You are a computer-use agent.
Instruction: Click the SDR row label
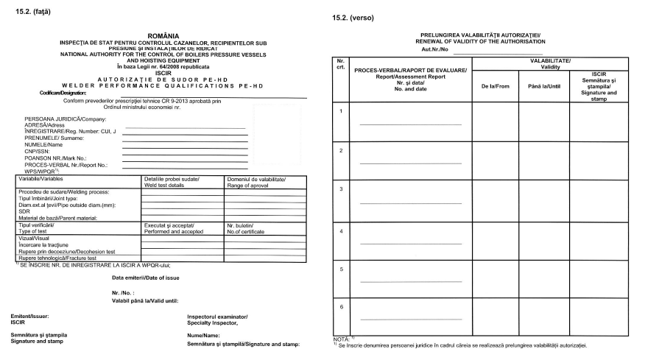click(x=22, y=212)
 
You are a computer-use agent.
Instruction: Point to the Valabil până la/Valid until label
click(x=144, y=300)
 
